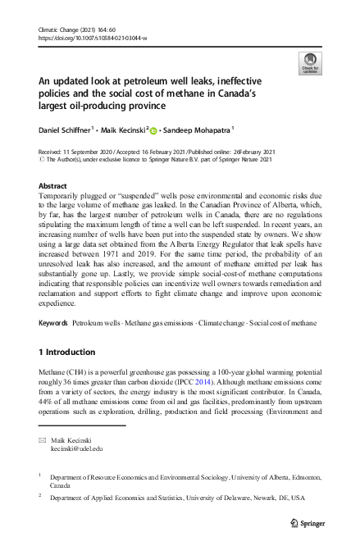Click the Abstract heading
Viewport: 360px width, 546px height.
click(53, 186)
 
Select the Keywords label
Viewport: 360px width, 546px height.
click(54, 324)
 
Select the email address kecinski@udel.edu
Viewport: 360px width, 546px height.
click(76, 450)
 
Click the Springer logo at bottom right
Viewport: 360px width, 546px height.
click(308, 522)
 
